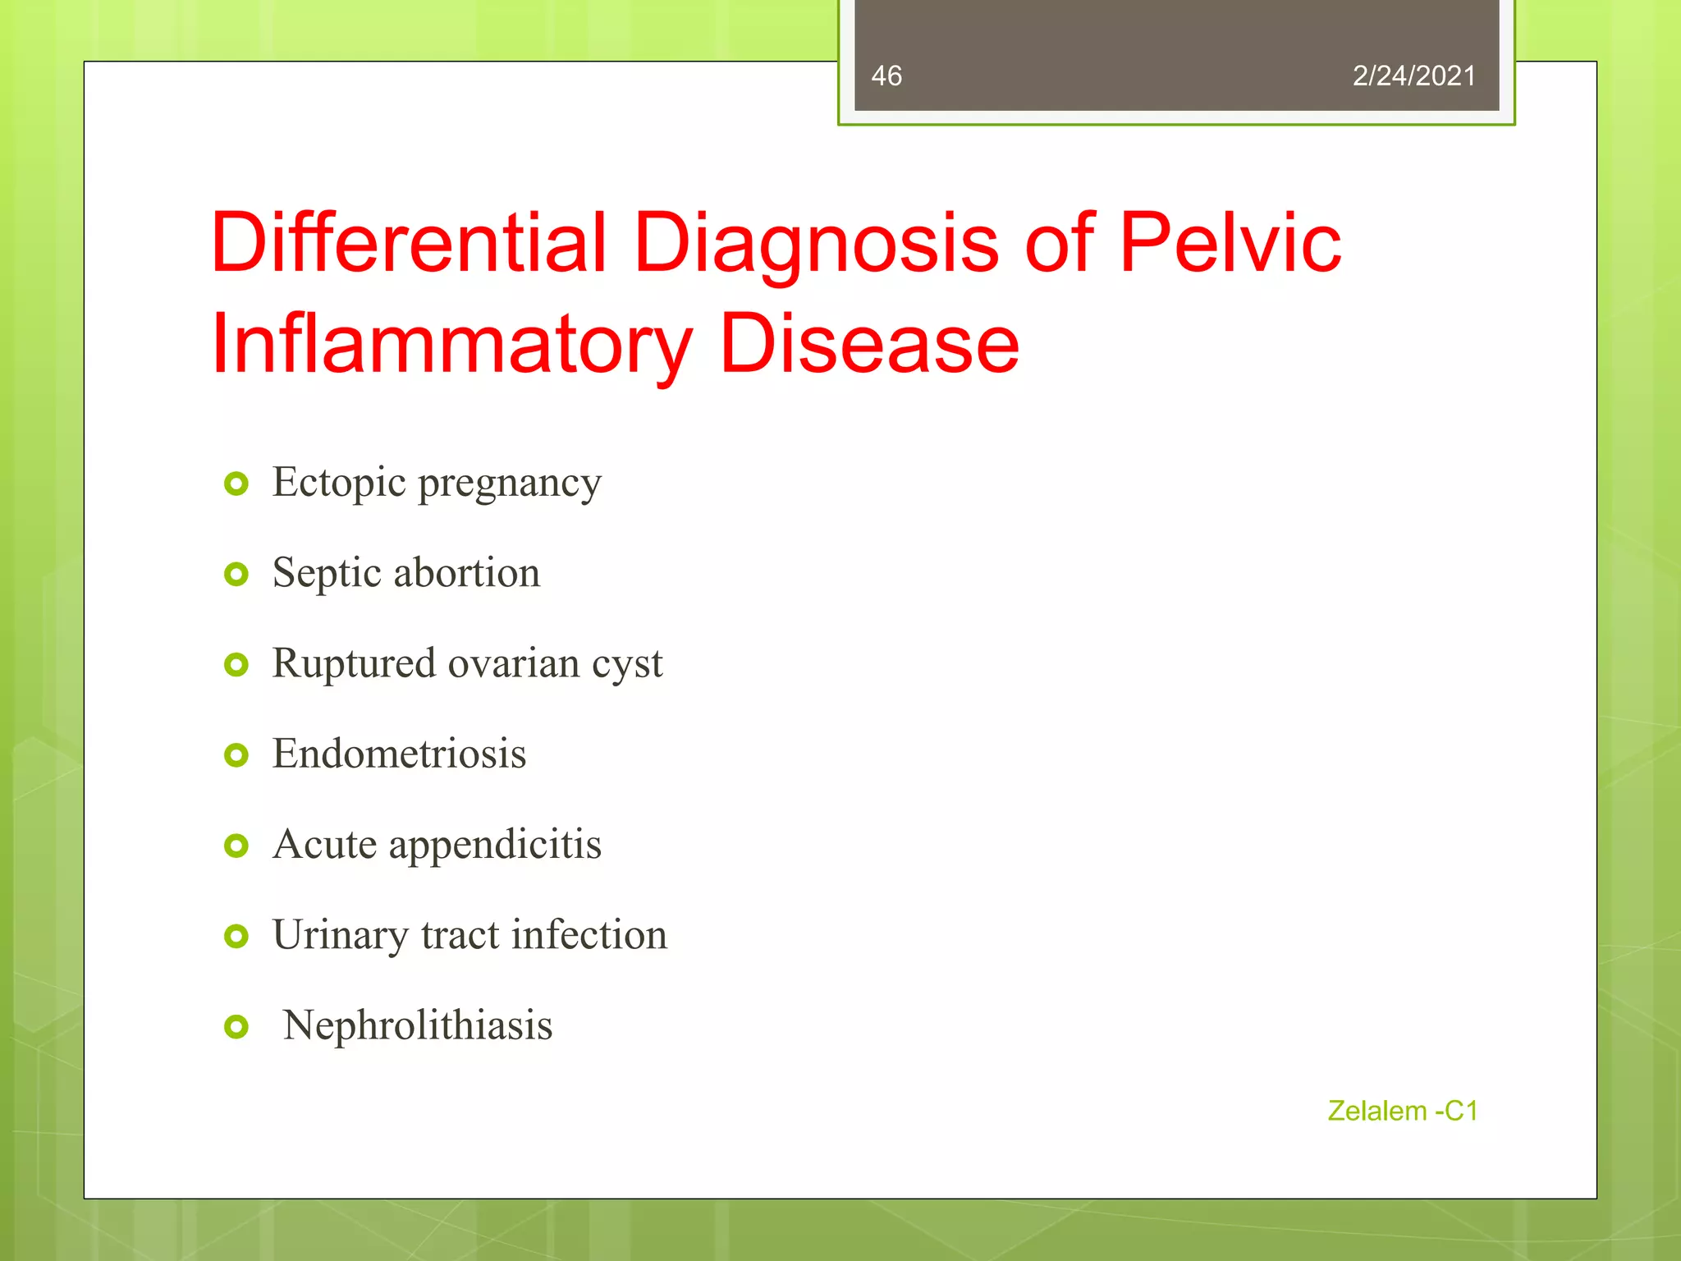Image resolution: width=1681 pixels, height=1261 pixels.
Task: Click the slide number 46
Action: click(x=886, y=76)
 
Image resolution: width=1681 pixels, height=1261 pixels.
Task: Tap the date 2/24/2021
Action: click(x=1413, y=76)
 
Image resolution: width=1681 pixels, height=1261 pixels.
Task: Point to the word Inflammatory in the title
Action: click(x=452, y=345)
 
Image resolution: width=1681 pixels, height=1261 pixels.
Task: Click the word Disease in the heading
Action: click(x=868, y=345)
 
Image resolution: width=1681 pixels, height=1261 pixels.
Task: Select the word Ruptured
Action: click(x=354, y=663)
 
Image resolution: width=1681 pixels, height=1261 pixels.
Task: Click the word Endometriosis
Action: click(x=399, y=754)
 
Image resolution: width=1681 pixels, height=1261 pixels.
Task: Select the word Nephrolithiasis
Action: click(x=417, y=1025)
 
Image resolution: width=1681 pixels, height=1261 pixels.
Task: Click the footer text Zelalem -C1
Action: click(x=1402, y=1111)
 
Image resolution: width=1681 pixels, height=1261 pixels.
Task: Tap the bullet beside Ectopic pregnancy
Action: click(x=236, y=484)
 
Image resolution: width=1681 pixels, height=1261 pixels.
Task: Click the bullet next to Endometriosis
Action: click(x=236, y=755)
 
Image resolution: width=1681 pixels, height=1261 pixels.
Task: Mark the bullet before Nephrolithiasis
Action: click(x=236, y=1026)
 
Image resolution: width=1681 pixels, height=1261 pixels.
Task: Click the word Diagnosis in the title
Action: click(x=817, y=244)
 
